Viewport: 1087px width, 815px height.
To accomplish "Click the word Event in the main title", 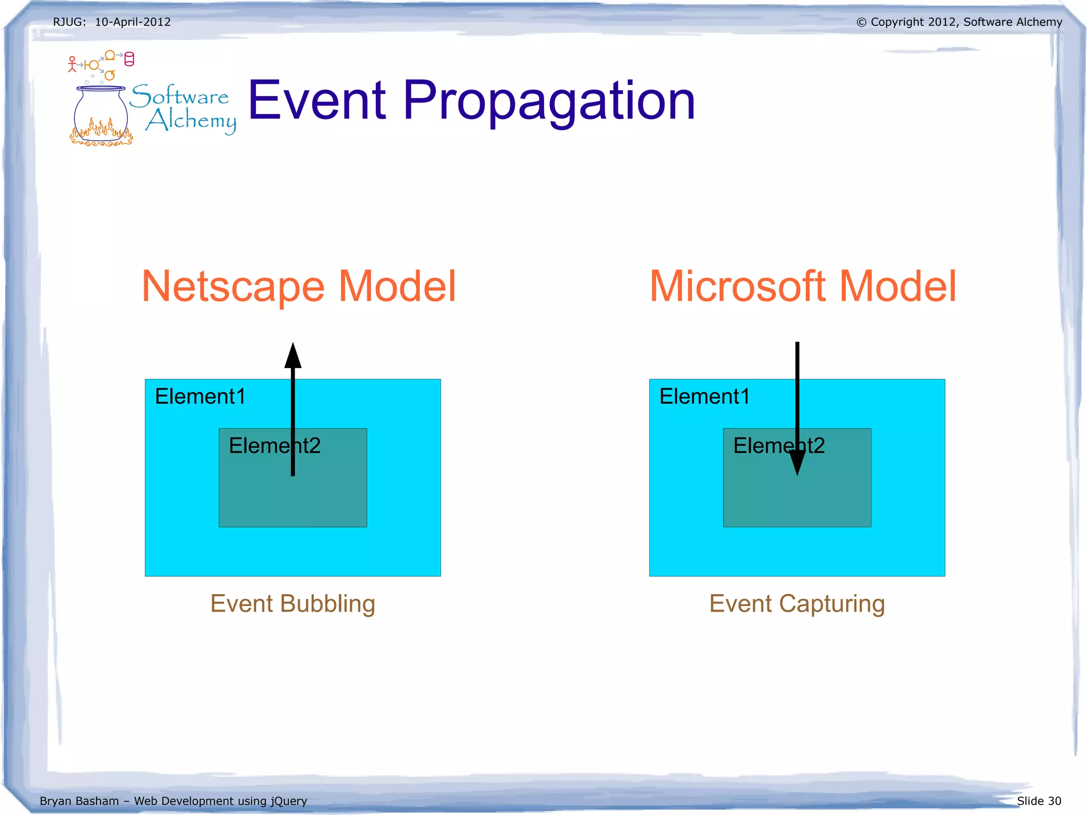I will pos(317,101).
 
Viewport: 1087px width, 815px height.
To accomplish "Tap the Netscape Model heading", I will pos(299,286).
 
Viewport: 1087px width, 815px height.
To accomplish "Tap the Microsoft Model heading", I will pos(803,286).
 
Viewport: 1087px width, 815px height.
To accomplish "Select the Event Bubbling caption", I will pos(292,604).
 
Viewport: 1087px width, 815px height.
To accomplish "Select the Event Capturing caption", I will pos(797,604).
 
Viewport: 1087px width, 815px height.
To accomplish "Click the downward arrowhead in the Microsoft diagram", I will pos(797,463).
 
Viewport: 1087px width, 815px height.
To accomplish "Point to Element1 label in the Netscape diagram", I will pos(200,397).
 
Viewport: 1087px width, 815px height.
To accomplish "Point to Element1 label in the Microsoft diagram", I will pos(704,397).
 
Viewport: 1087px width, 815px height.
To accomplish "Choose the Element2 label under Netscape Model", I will pos(274,445).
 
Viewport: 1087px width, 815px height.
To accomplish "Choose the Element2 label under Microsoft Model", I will pos(778,445).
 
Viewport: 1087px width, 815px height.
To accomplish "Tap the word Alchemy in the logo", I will pos(191,121).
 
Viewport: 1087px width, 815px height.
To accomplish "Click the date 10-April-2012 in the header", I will pos(133,22).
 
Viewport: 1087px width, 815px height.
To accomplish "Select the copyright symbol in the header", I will pos(861,22).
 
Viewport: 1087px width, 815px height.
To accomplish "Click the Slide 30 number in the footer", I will pos(1039,801).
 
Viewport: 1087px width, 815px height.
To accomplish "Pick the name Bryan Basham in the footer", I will pos(79,801).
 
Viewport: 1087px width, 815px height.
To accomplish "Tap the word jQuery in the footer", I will pos(289,801).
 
